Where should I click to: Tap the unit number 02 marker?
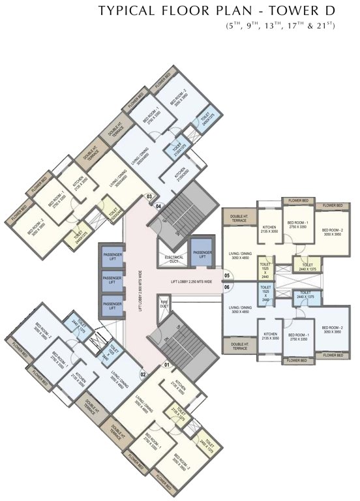(143, 374)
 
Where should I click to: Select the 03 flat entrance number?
(149, 196)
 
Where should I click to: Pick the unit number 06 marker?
(227, 286)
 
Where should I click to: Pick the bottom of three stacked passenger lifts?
(112, 305)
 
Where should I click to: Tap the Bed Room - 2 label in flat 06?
(333, 329)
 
